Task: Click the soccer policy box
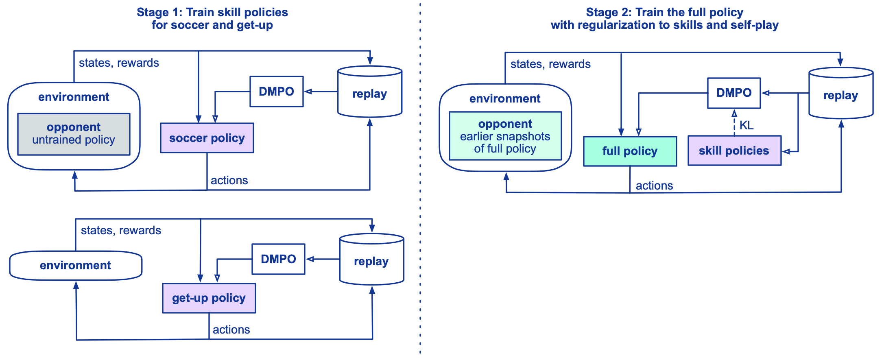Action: [207, 138]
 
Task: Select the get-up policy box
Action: [209, 298]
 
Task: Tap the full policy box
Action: [630, 151]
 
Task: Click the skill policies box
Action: [734, 151]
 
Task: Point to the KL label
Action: [746, 125]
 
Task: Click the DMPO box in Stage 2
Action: [733, 93]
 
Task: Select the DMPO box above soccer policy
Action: [276, 92]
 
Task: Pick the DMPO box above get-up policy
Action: [278, 259]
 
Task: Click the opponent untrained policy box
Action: [74, 134]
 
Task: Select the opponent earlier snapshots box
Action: [505, 136]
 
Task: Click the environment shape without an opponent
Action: [76, 266]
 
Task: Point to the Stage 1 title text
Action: [212, 19]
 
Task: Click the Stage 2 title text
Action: [664, 19]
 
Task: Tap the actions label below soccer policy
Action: [229, 180]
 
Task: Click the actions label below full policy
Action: [654, 185]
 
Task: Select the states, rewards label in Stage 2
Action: [550, 64]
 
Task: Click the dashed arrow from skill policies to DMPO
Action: [734, 122]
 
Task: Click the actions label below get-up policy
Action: [231, 329]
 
